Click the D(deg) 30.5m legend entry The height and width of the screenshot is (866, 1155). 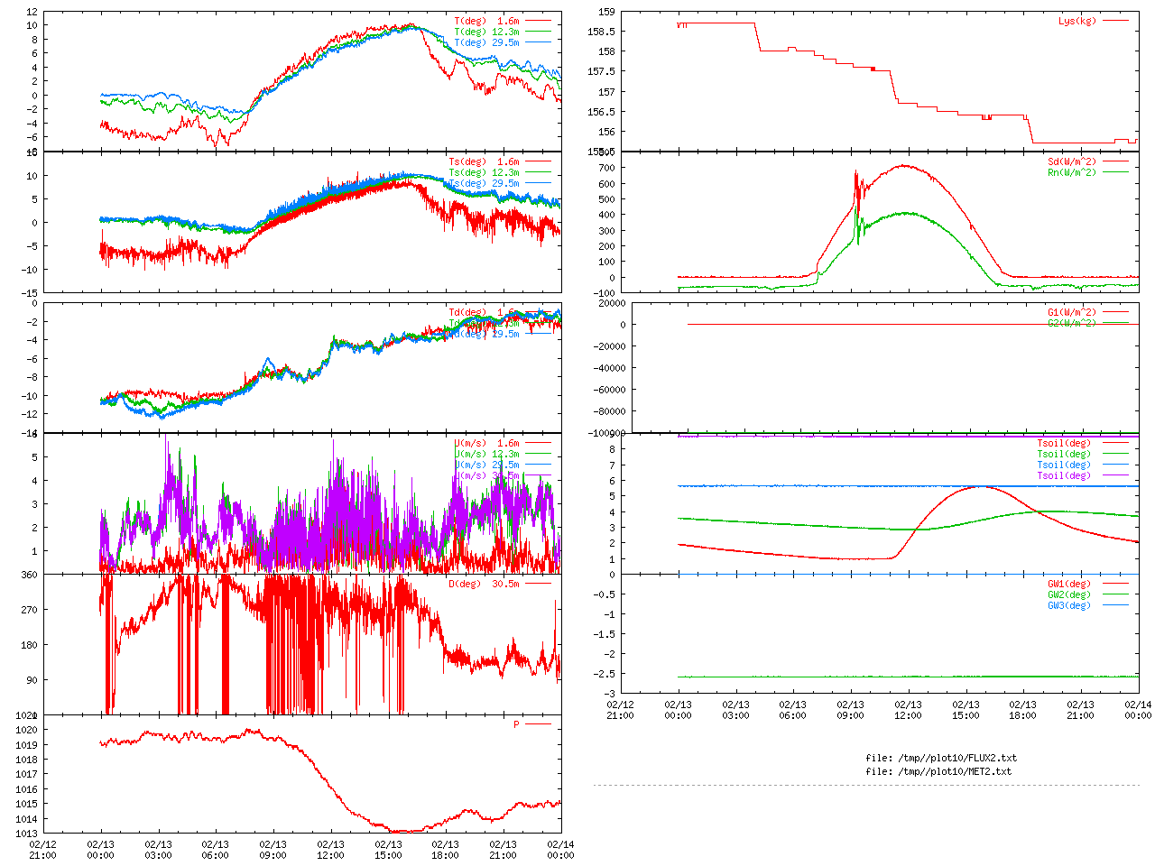click(484, 584)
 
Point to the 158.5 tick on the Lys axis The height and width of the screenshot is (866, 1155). click(601, 32)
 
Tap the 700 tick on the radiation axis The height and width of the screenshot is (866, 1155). click(605, 168)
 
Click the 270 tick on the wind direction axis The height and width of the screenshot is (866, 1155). click(29, 610)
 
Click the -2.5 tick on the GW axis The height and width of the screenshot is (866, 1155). click(604, 674)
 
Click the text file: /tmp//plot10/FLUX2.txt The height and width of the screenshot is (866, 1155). click(941, 758)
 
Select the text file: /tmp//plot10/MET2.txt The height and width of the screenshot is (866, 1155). click(938, 771)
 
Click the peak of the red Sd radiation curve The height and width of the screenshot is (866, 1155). click(903, 165)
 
